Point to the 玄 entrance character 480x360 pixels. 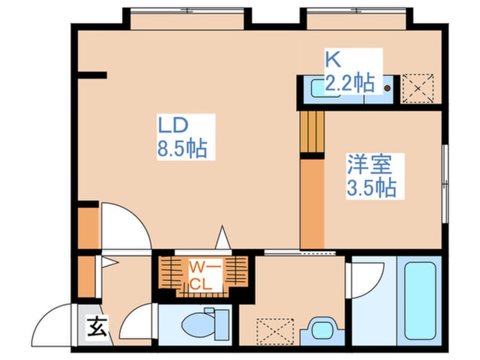coord(98,327)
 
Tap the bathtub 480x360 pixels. coord(420,301)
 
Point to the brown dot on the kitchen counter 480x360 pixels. coord(388,88)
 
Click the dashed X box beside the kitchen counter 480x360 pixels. coord(418,88)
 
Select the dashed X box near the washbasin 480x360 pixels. coord(275,332)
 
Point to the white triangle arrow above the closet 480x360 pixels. coord(223,237)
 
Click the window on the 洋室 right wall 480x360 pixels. coord(445,184)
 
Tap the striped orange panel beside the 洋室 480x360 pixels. coord(312,132)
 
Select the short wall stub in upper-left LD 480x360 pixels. coord(92,75)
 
